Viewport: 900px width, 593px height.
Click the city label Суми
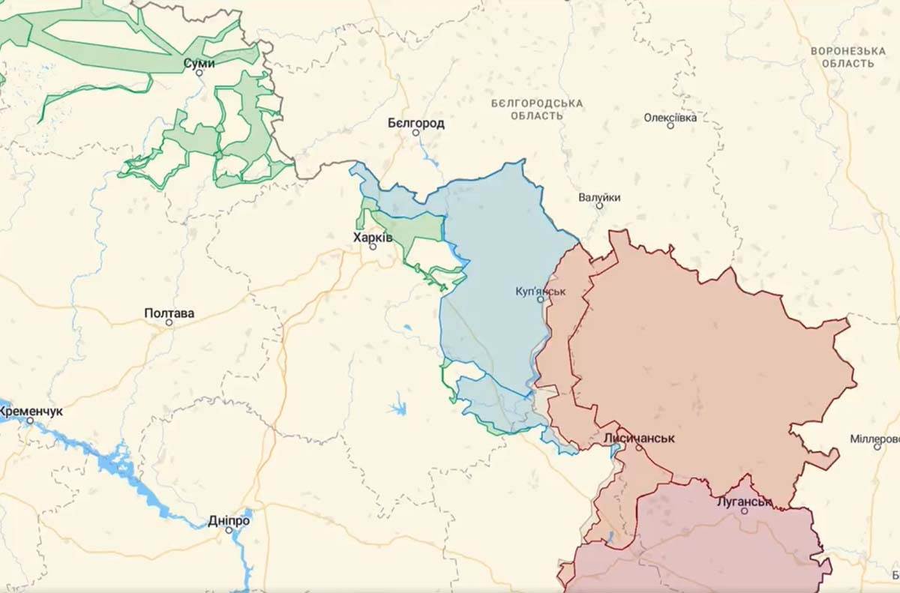(x=199, y=64)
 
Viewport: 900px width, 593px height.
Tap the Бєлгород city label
(x=415, y=123)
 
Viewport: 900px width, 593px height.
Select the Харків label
(x=373, y=237)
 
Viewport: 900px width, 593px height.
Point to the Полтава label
(x=169, y=313)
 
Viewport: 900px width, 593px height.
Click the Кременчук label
(x=31, y=412)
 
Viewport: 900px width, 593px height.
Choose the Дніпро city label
(x=229, y=520)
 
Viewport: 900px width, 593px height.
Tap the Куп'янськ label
(x=541, y=290)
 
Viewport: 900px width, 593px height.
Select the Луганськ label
(x=744, y=501)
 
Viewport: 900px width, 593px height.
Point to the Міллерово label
(x=876, y=438)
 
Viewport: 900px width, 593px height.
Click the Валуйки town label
(x=599, y=197)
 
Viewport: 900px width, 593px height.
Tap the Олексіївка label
(x=670, y=118)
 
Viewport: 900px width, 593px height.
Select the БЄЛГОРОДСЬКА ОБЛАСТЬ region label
(x=537, y=109)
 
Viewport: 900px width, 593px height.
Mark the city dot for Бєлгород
(x=415, y=133)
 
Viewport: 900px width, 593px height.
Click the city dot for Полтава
(x=169, y=322)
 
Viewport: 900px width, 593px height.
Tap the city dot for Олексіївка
(x=670, y=126)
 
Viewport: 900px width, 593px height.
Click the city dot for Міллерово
(x=877, y=447)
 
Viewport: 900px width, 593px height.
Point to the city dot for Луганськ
(x=744, y=511)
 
